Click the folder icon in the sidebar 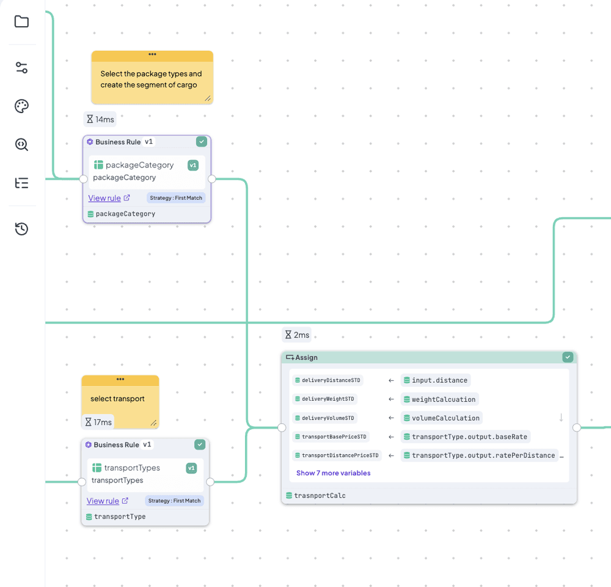tap(21, 21)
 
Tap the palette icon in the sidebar tap(21, 106)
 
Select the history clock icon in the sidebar tap(21, 229)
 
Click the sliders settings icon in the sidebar tap(21, 68)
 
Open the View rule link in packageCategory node tap(104, 198)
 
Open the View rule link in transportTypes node tap(103, 501)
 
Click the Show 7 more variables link tap(333, 473)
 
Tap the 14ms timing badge tap(100, 119)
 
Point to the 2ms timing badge tap(297, 334)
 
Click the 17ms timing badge tap(98, 422)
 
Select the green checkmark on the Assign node tap(568, 357)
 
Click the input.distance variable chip tap(435, 380)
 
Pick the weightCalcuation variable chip tap(439, 399)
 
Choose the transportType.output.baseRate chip tap(465, 437)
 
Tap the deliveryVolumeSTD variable tap(324, 418)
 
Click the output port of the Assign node tap(577, 428)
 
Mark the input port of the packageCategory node tap(83, 179)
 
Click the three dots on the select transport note tap(120, 379)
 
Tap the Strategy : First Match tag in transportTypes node tap(174, 501)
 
